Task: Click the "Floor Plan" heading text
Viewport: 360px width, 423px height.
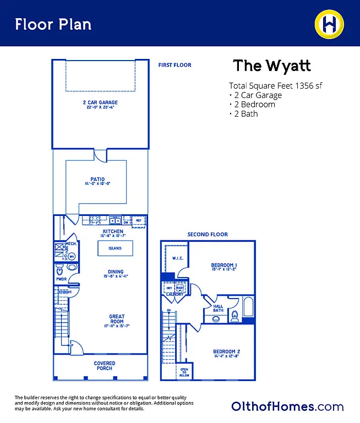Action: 53,24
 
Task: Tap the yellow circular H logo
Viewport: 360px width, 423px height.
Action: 330,24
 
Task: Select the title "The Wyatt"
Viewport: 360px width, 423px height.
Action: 272,66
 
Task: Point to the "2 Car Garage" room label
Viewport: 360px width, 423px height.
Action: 100,102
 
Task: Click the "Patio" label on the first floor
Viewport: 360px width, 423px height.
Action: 97,179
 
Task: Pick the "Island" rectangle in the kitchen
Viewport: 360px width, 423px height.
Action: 115,248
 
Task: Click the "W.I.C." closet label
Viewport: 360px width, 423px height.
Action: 177,258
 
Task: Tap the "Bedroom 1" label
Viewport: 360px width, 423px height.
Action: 223,265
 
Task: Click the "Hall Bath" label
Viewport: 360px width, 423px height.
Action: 218,308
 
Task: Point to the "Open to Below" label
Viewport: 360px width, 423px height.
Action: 184,373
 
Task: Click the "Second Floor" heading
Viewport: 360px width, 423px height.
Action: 208,235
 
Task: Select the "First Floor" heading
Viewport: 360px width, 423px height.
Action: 174,65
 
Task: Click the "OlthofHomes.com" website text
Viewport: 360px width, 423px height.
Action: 287,406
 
